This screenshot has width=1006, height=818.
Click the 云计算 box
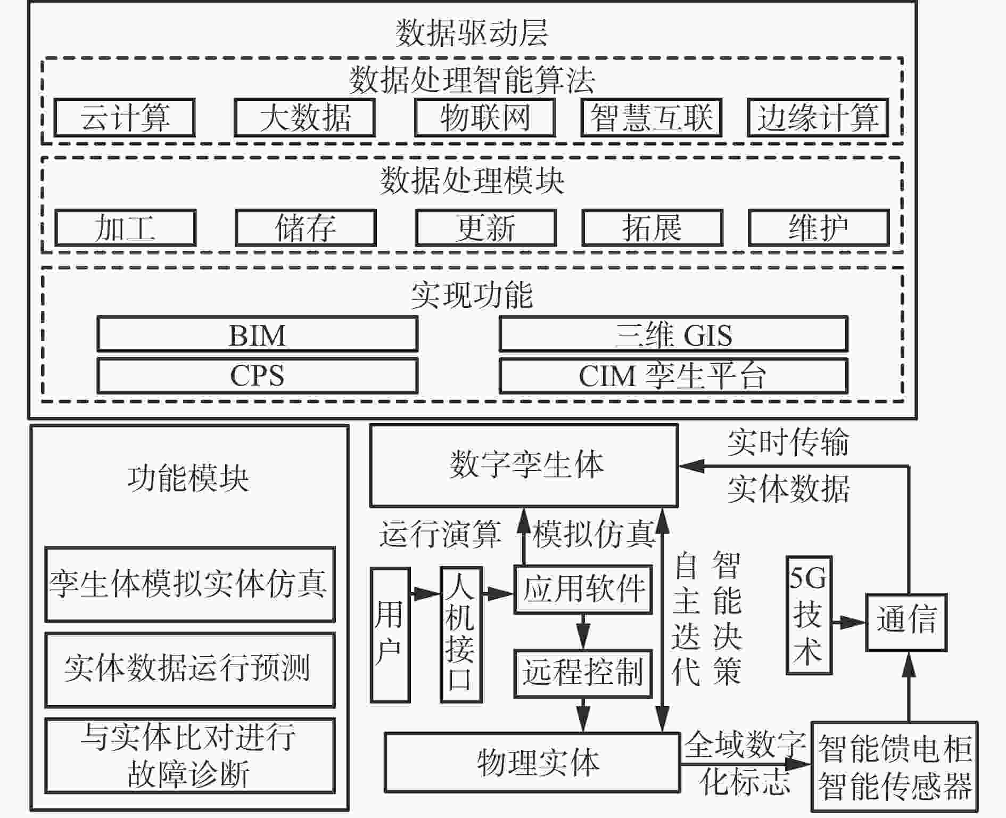tap(125, 117)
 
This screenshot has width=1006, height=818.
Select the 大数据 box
tap(305, 117)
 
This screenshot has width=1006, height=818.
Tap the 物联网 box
tap(485, 117)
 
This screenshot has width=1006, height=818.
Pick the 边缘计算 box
tap(818, 117)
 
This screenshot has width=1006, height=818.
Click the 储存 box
tap(306, 228)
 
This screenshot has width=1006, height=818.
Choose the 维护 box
tap(819, 228)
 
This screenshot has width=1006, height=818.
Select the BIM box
tap(258, 334)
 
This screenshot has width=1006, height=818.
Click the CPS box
tap(258, 376)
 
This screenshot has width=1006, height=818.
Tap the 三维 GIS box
tap(673, 334)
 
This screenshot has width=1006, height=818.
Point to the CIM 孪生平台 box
tap(673, 376)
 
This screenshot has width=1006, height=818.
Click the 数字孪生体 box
tap(524, 465)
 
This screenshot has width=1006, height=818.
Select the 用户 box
tap(390, 635)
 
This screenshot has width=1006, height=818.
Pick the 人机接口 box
tap(461, 635)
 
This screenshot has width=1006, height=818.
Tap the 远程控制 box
tap(583, 673)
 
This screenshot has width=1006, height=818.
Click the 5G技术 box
tap(809, 615)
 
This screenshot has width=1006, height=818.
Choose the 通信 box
tap(906, 622)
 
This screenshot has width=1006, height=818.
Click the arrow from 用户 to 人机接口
tap(425, 592)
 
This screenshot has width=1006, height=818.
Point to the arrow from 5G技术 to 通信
tap(849, 621)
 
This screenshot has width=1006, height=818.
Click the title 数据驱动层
tap(472, 33)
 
